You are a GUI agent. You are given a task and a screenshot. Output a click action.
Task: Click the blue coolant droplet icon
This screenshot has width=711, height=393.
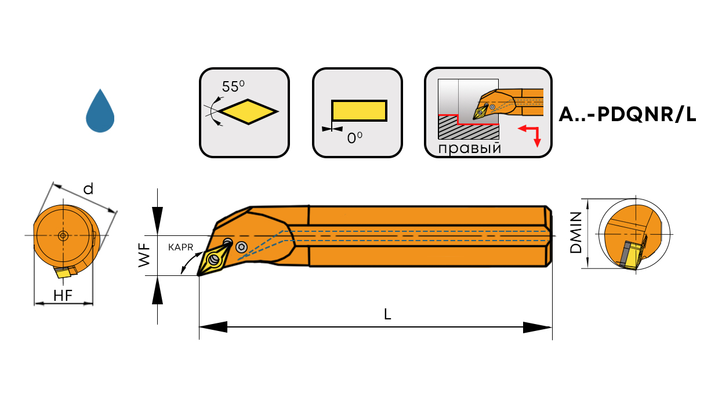point(100,112)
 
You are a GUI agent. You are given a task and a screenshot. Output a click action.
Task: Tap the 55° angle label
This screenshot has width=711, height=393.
point(233,87)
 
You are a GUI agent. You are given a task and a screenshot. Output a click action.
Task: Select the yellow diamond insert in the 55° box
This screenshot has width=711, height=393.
point(249,111)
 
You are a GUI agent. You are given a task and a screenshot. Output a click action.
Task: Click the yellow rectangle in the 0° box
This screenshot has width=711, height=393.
point(358,111)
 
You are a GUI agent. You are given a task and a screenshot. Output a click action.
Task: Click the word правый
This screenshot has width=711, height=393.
point(470,148)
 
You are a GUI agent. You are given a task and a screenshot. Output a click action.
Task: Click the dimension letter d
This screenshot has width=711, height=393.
point(88,188)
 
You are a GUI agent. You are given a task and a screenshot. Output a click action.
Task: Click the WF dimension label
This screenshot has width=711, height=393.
point(145,255)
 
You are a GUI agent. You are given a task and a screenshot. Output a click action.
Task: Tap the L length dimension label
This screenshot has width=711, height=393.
point(387,315)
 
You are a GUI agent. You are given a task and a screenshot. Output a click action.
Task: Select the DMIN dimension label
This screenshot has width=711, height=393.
point(576,233)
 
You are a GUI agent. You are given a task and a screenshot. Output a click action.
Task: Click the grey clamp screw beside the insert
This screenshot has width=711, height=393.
point(242,248)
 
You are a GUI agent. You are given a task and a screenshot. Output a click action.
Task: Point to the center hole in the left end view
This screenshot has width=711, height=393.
point(63,235)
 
